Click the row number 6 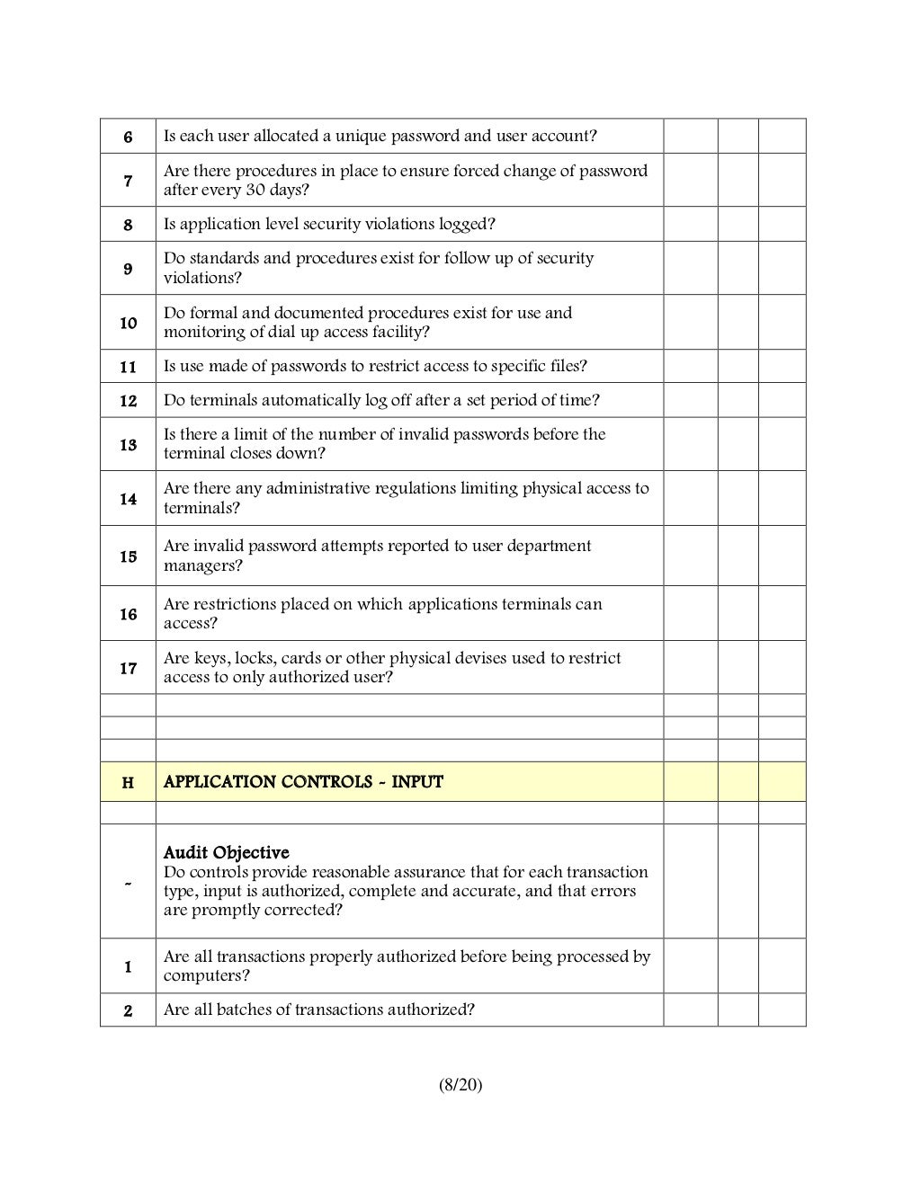[x=128, y=137]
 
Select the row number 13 [x=129, y=445]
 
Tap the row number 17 [x=129, y=668]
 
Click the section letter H [x=128, y=783]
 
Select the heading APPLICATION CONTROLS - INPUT [x=303, y=782]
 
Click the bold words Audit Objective [x=226, y=852]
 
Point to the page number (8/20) [x=460, y=1085]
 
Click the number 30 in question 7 [x=255, y=190]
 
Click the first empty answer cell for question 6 [x=690, y=136]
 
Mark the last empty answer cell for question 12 [x=782, y=400]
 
